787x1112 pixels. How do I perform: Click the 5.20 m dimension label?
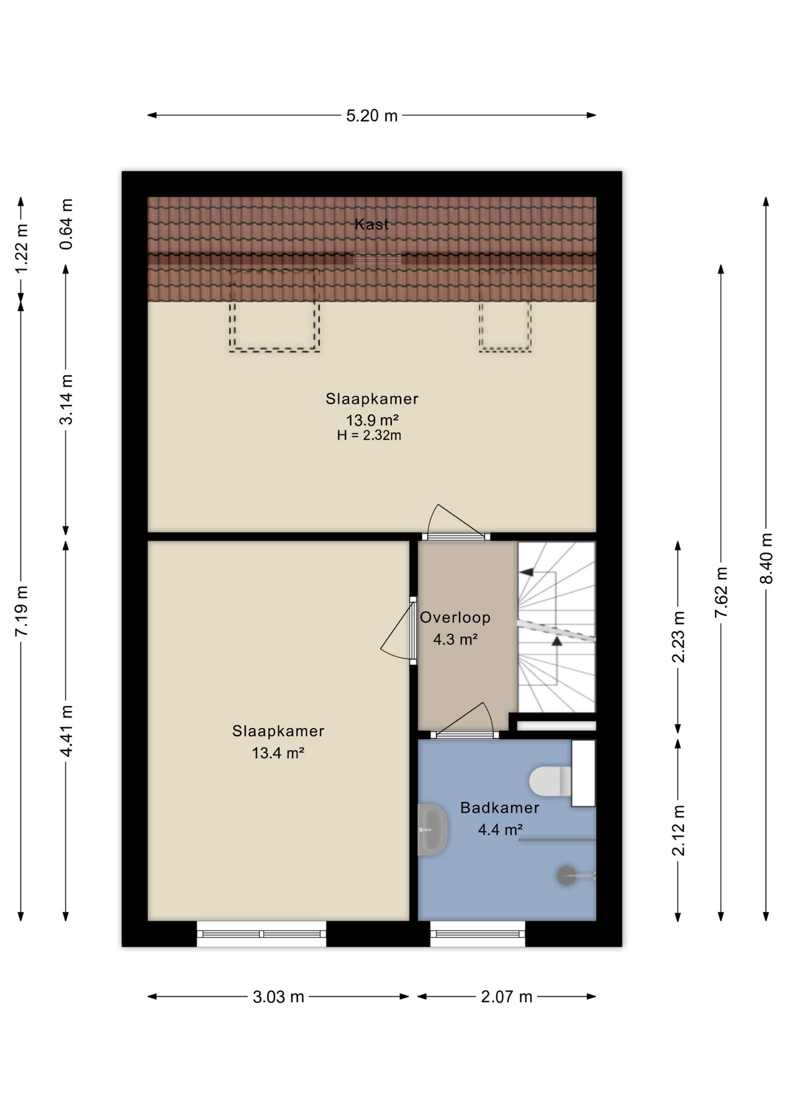[x=372, y=116]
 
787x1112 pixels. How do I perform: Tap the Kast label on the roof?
[x=372, y=224]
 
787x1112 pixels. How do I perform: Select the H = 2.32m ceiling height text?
[x=369, y=436]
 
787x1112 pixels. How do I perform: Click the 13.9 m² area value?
[x=372, y=420]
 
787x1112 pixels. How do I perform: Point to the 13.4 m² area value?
[x=278, y=753]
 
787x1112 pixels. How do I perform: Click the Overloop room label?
[x=456, y=617]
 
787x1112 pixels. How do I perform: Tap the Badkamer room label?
[x=500, y=807]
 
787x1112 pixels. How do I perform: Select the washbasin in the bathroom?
[x=432, y=829]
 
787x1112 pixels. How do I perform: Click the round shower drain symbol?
[x=566, y=876]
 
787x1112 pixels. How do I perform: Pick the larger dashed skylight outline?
[x=274, y=310]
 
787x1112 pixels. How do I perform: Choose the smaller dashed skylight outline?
[x=505, y=311]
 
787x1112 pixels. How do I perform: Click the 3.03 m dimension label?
[x=278, y=997]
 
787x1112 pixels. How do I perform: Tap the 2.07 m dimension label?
[x=507, y=997]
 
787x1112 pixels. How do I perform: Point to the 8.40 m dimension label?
[x=766, y=559]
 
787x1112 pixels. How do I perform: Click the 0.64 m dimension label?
[x=67, y=224]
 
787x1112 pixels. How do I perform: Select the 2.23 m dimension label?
[x=678, y=637]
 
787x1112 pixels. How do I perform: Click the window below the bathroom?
[x=478, y=934]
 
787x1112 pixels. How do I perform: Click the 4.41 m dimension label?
[x=67, y=731]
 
